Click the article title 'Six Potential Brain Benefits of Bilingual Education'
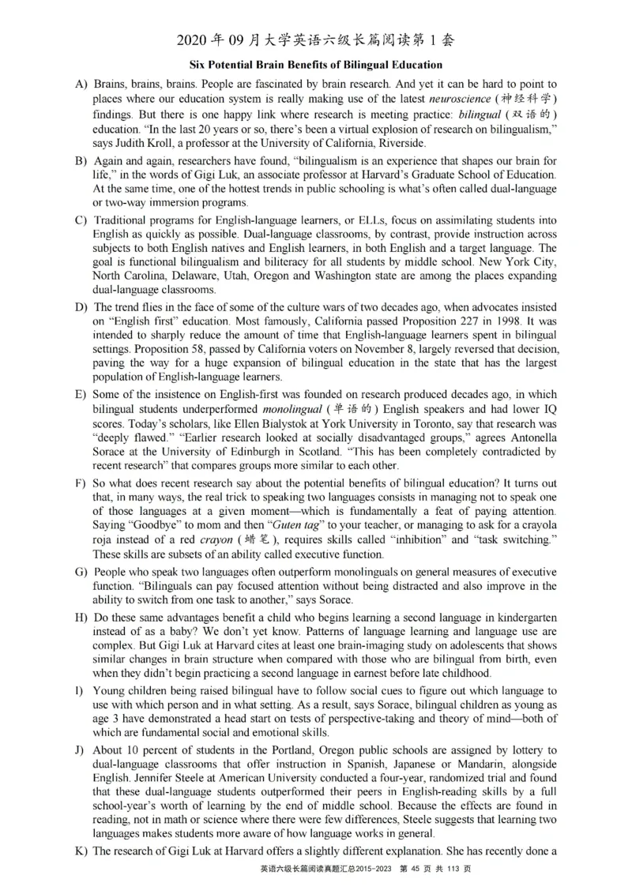(x=316, y=64)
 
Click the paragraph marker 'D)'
(x=80, y=306)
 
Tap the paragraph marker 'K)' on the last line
(x=80, y=851)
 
